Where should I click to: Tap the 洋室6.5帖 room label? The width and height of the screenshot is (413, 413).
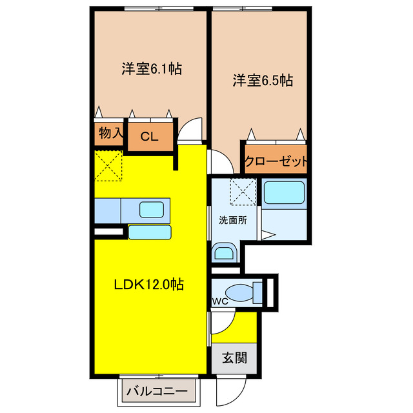[263, 81]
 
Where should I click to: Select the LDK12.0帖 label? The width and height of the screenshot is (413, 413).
[150, 285]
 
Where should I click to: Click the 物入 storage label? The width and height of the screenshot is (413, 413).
[110, 134]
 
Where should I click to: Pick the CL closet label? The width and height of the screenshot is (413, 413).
[149, 136]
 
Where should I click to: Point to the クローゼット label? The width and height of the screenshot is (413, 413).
[276, 162]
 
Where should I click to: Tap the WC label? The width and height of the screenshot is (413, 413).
[221, 301]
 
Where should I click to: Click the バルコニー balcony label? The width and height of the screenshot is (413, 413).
[157, 391]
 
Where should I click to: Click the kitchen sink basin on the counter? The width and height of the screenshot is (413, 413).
[152, 209]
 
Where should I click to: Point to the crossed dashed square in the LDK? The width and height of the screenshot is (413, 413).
[108, 166]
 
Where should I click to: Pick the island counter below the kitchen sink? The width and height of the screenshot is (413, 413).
[150, 232]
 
